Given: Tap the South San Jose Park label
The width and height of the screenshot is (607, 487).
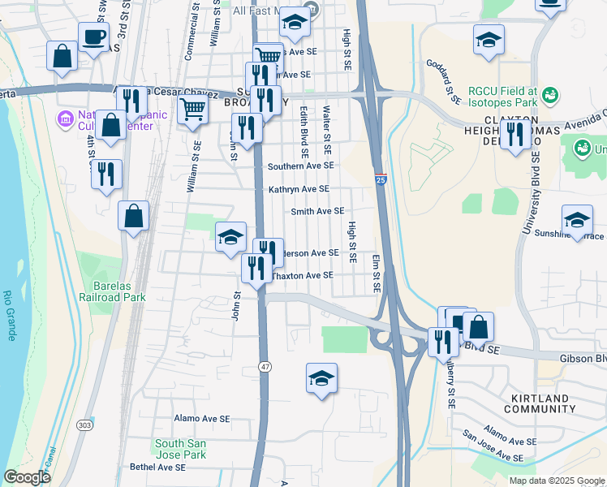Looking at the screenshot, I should point(181,449).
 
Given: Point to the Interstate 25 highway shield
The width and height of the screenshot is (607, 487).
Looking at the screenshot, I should point(381,179).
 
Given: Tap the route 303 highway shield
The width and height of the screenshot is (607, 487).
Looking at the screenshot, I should point(84,425).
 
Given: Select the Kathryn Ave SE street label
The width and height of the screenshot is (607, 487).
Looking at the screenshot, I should point(299,189).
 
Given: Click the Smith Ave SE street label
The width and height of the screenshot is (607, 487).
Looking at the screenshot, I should point(317,211).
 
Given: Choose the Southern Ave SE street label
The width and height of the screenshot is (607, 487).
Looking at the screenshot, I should point(301,166).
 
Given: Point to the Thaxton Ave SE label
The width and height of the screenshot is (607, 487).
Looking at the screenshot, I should point(302,275).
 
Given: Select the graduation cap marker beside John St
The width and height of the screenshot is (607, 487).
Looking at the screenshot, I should point(230,237).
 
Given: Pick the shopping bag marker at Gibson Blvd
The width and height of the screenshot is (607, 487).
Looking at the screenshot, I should point(479,327).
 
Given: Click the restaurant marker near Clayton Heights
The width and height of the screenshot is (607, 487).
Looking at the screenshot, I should point(515,135).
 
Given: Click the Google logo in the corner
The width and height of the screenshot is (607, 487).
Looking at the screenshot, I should point(27,477).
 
